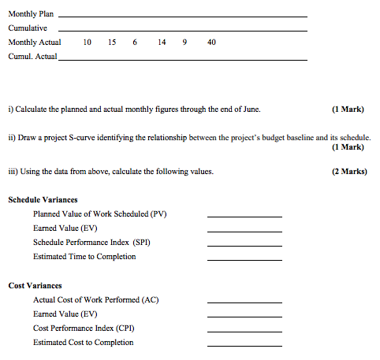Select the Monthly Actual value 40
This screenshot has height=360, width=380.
pyautogui.click(x=211, y=42)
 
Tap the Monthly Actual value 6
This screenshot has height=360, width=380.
pyautogui.click(x=136, y=42)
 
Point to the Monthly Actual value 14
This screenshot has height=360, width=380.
pyautogui.click(x=162, y=42)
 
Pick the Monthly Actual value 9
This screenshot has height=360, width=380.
pyautogui.click(x=184, y=42)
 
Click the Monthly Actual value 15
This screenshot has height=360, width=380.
pyautogui.click(x=113, y=42)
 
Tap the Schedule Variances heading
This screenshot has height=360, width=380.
pyautogui.click(x=43, y=200)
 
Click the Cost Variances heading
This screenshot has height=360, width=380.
pyautogui.click(x=35, y=285)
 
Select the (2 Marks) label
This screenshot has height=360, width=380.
pyautogui.click(x=350, y=172)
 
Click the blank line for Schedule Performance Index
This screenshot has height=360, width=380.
pyautogui.click(x=244, y=246)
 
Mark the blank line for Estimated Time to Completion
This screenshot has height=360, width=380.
pyautogui.click(x=244, y=260)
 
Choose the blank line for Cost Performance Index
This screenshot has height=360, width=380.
pyautogui.click(x=244, y=331)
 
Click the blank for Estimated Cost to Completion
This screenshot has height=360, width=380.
pyautogui.click(x=244, y=345)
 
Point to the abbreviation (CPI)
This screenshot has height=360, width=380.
pyautogui.click(x=122, y=328)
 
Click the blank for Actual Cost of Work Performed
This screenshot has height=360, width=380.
pyautogui.click(x=244, y=302)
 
